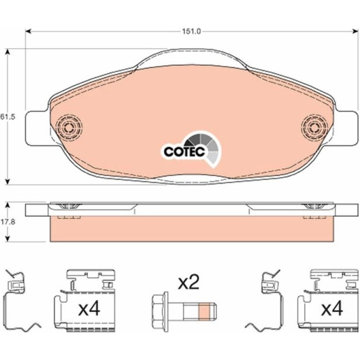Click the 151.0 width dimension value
point(192,31)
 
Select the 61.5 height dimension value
point(7,117)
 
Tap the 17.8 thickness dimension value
point(7,222)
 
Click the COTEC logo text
point(184,151)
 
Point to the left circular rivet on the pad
point(69,127)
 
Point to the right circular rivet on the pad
point(315,127)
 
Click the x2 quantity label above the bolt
point(188,283)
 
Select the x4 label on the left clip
point(89,309)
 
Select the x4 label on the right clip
point(332,309)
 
